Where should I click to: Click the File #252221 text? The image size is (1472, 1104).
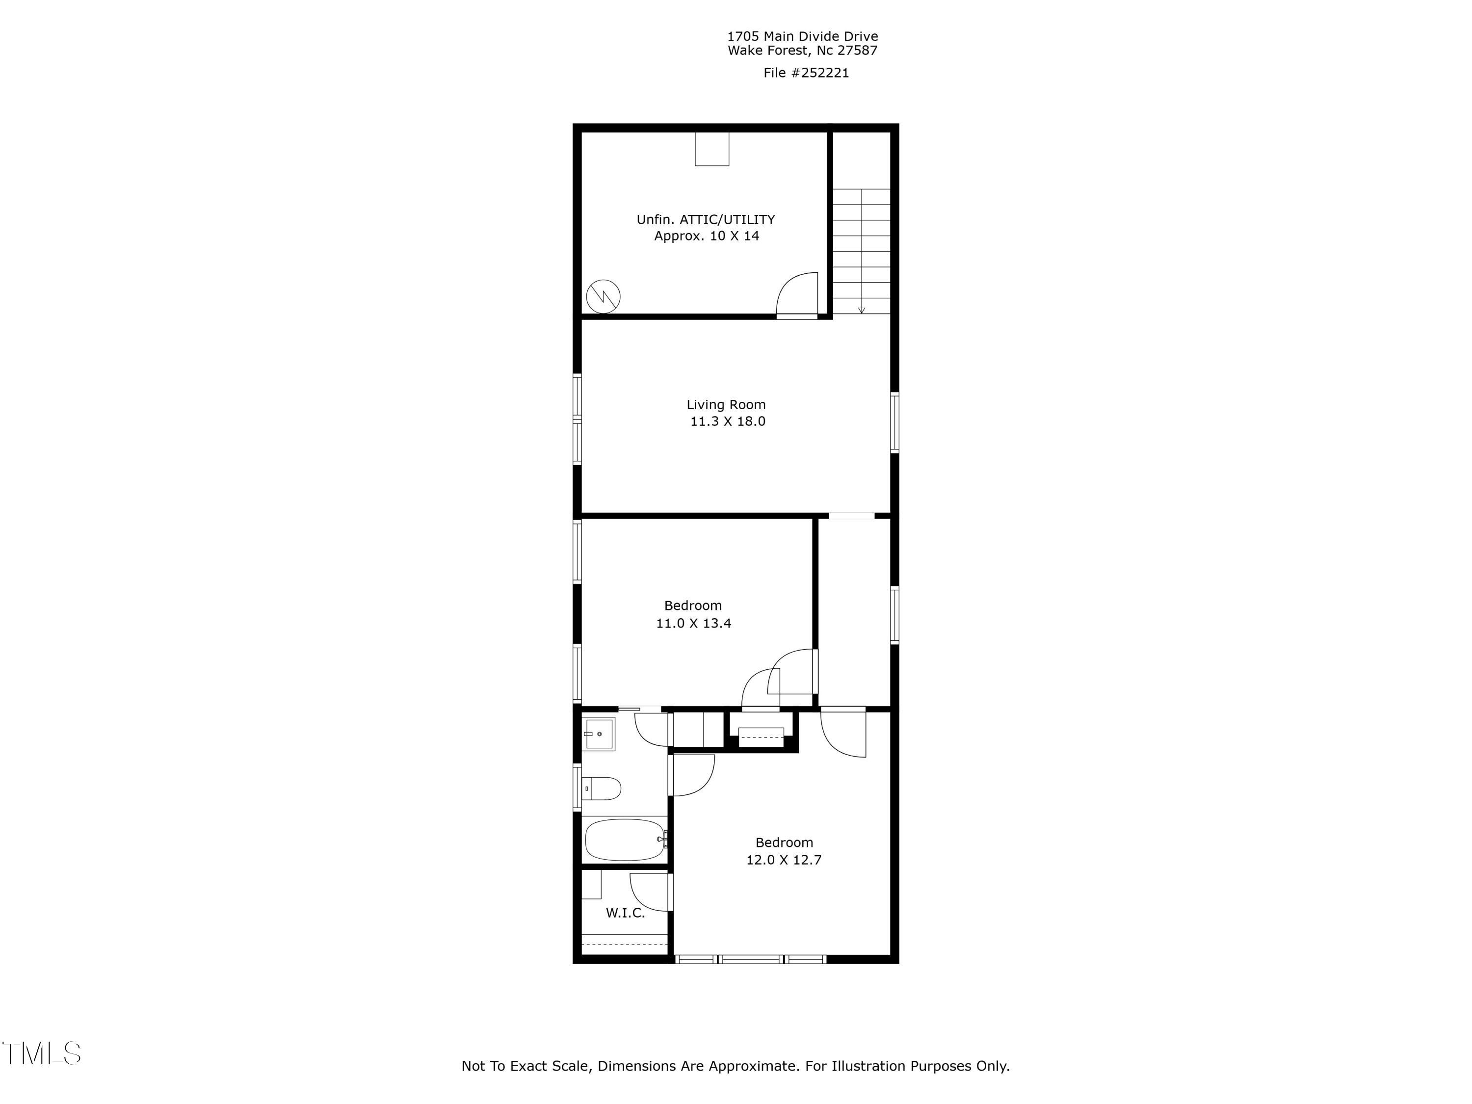point(806,73)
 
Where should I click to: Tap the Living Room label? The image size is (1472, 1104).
point(726,405)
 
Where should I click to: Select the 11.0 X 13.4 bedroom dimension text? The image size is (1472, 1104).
point(693,624)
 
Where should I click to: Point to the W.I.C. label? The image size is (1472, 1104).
point(625,913)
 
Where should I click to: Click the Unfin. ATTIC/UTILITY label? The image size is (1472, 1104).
point(706,220)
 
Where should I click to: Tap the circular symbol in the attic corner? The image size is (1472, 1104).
point(603,297)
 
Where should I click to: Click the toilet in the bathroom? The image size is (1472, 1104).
point(602,789)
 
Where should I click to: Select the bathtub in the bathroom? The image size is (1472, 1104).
point(624,840)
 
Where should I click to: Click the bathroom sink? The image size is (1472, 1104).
point(599,734)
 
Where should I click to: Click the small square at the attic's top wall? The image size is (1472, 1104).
point(712,149)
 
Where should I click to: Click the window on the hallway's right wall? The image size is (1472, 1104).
point(894,615)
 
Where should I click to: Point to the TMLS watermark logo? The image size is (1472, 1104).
point(41,1053)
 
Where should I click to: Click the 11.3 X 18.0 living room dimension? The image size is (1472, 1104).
point(727,421)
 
